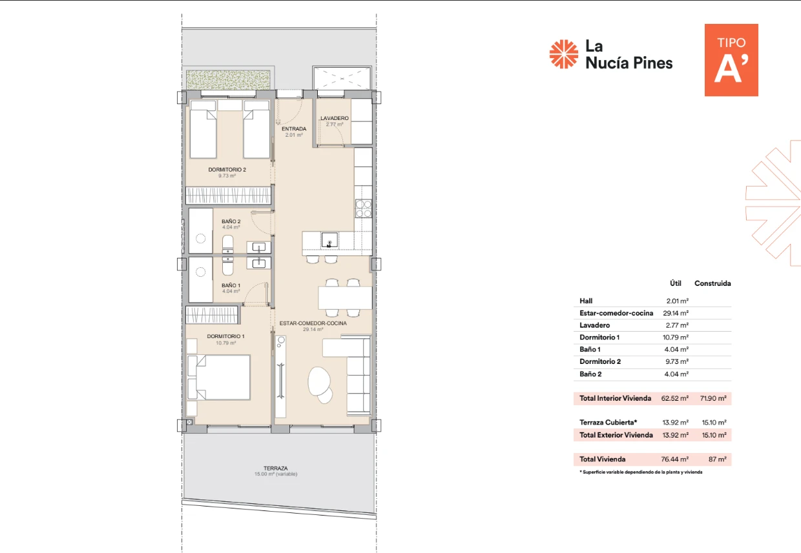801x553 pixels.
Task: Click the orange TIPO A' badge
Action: [x=731, y=60]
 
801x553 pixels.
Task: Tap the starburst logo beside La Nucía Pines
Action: [x=563, y=54]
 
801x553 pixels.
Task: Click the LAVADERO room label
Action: [x=335, y=118]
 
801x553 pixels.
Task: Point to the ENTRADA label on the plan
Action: [x=294, y=129]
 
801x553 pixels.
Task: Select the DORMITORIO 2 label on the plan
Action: [x=227, y=170]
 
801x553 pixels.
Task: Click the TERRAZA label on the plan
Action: [x=276, y=468]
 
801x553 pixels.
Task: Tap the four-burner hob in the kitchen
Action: [x=363, y=208]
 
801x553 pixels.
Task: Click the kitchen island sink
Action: [x=329, y=240]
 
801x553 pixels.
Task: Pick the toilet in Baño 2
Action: [x=228, y=245]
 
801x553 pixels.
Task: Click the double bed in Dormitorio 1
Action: [x=218, y=377]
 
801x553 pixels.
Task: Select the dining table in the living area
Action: [x=345, y=298]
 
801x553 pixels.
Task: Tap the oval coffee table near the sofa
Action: [x=320, y=384]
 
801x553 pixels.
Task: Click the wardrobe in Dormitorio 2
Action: [x=228, y=196]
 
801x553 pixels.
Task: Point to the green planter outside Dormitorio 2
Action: [x=228, y=79]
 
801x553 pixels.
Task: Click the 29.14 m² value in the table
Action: [x=676, y=313]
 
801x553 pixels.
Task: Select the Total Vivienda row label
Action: [x=603, y=459]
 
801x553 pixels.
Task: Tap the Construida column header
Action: [x=713, y=283]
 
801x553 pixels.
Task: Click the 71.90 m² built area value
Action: [x=713, y=398]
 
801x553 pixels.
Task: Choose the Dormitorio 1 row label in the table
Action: [x=599, y=337]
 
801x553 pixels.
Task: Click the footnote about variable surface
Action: [x=641, y=472]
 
